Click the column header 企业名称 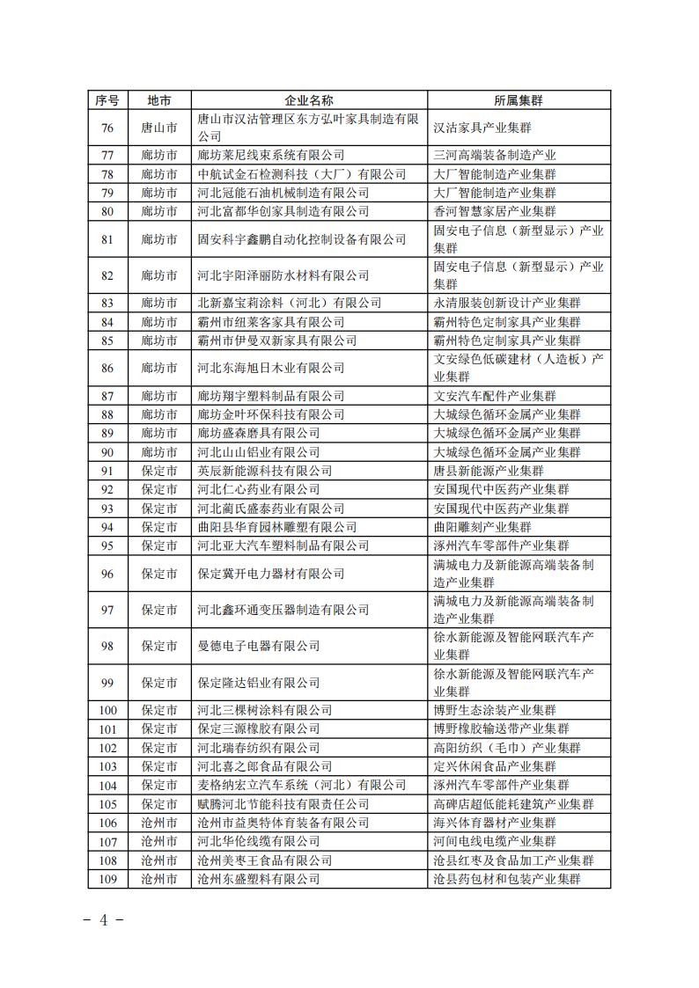click(309, 100)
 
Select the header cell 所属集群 click(519, 100)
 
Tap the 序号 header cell click(107, 100)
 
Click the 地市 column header click(159, 100)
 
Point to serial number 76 click(107, 128)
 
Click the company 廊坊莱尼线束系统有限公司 click(270, 155)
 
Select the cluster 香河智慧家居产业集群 click(494, 211)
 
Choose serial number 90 click(107, 452)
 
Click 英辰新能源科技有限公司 click(264, 471)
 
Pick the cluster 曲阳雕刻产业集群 click(482, 527)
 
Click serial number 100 click(107, 710)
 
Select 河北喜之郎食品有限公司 click(264, 766)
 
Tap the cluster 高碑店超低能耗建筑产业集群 click(513, 804)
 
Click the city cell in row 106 click(159, 823)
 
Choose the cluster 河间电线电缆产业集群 click(494, 842)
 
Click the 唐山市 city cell click(159, 128)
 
